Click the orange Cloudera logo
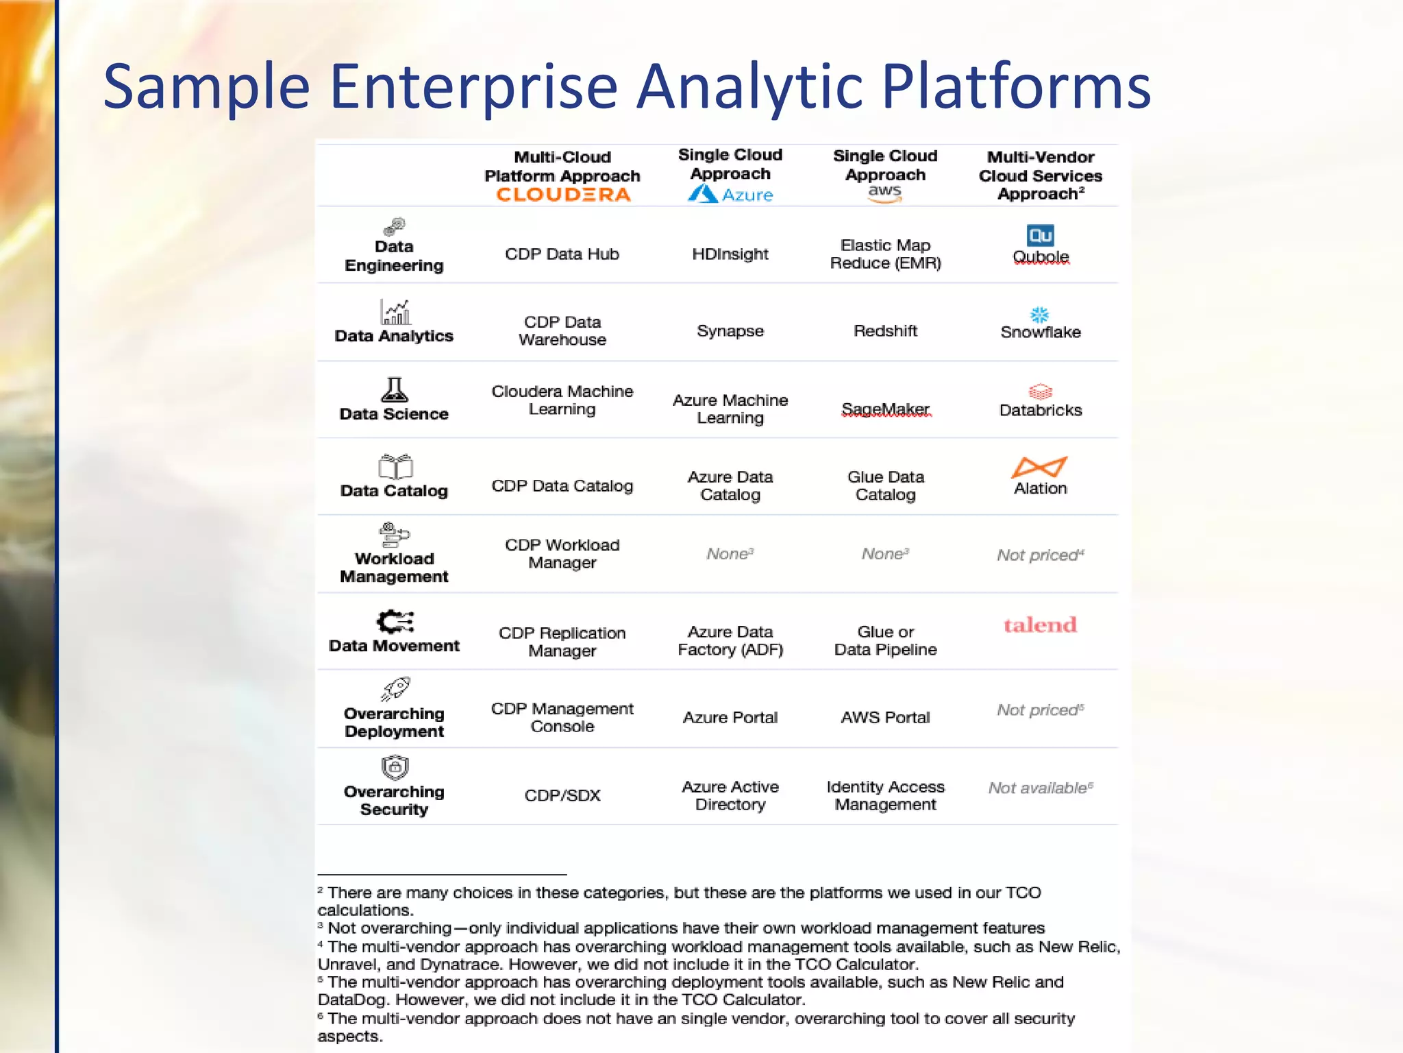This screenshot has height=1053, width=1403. [x=562, y=195]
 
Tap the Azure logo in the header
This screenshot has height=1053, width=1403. [x=730, y=195]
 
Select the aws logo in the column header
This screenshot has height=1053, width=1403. [x=885, y=193]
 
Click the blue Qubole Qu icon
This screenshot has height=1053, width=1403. [x=1040, y=236]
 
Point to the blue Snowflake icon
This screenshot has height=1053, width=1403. [x=1040, y=315]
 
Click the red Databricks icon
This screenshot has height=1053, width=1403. [x=1040, y=391]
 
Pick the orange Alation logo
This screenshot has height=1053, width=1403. [x=1039, y=467]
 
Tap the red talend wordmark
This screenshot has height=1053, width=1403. [x=1040, y=625]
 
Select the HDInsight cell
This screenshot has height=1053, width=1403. [x=730, y=254]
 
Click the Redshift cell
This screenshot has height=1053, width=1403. [x=885, y=331]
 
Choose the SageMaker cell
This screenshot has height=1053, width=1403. [x=885, y=409]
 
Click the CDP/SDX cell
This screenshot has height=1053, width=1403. [x=562, y=795]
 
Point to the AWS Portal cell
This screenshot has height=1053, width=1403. [x=885, y=718]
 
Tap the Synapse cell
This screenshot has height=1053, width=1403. [x=730, y=331]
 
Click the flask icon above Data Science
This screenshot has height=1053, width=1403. [x=394, y=390]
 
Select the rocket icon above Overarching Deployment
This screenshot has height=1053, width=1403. [x=396, y=688]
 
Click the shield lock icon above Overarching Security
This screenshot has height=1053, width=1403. [x=395, y=767]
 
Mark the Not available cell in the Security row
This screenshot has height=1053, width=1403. [x=1040, y=788]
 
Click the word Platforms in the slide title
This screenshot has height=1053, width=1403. [x=1016, y=87]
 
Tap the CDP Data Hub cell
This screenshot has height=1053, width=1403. [x=562, y=254]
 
